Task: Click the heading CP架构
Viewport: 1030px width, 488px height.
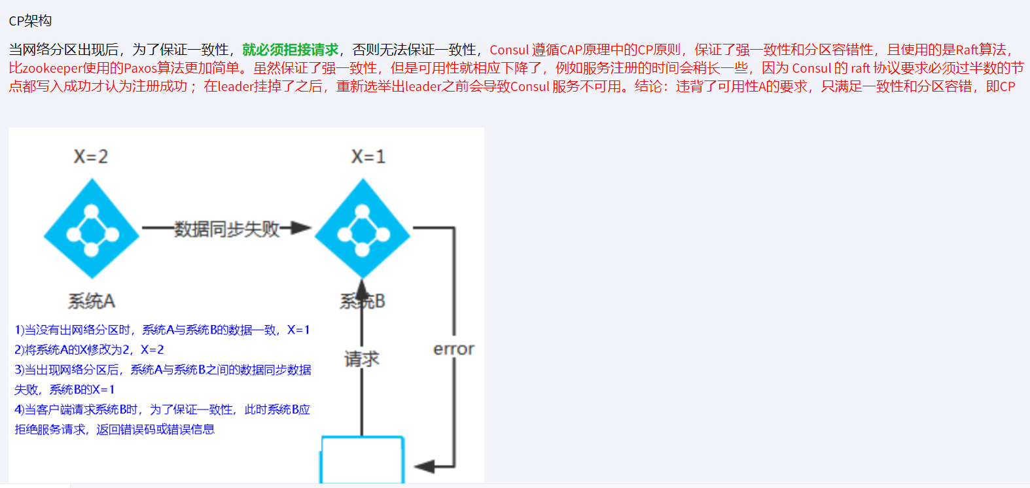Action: (30, 21)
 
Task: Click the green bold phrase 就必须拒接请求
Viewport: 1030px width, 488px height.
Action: (290, 50)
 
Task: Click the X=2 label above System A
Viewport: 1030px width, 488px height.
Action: (91, 156)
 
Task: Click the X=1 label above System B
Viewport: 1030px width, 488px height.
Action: (368, 156)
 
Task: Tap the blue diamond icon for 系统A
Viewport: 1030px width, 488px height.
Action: (92, 229)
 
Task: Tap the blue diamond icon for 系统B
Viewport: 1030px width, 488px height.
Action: (362, 229)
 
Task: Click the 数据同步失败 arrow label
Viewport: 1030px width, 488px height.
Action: (226, 229)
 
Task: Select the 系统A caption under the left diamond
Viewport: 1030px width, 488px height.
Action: (92, 301)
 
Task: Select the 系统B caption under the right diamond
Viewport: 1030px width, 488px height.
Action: (363, 301)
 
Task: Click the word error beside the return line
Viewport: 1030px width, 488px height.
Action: (453, 349)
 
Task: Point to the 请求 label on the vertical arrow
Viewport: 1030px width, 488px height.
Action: (362, 358)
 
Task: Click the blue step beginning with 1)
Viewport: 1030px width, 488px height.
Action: (162, 330)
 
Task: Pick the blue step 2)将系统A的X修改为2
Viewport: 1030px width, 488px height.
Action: (89, 349)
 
